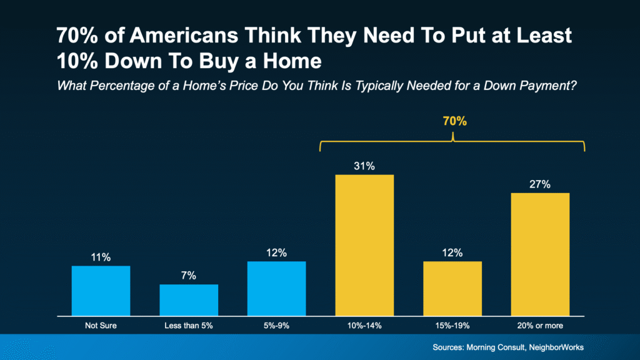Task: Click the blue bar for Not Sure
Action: (x=101, y=291)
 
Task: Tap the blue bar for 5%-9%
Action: (x=277, y=288)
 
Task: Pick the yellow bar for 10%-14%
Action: (x=365, y=245)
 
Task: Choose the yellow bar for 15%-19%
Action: (x=452, y=288)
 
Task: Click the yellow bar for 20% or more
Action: (x=541, y=254)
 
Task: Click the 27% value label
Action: (x=541, y=184)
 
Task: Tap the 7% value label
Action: (x=189, y=276)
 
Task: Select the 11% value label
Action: (x=101, y=257)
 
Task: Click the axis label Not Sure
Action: (x=101, y=326)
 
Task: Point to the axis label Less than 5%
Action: (x=189, y=326)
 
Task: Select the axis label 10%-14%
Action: (x=365, y=326)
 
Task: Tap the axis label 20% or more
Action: (x=541, y=326)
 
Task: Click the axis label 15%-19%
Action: (x=452, y=326)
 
